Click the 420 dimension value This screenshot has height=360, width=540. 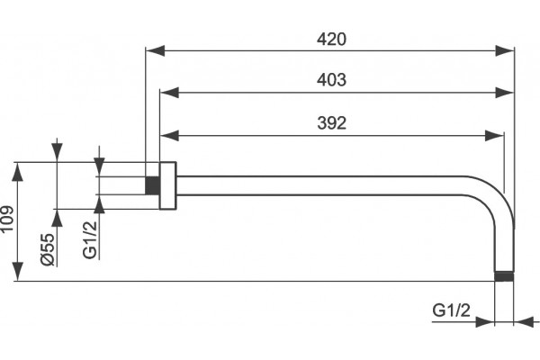tap(331, 40)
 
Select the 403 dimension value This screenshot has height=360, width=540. tap(331, 80)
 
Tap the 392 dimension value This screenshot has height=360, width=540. tap(331, 123)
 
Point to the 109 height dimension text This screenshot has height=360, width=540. tap(6, 219)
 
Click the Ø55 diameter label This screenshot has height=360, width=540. tap(48, 249)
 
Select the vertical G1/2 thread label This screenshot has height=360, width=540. tap(90, 239)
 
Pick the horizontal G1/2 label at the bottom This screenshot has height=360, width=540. tap(451, 310)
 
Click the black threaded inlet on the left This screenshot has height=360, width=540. tap(152, 185)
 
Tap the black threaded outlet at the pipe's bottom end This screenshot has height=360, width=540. tap(504, 276)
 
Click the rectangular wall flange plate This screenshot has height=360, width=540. tap(167, 185)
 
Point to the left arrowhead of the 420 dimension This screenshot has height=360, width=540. tap(155, 51)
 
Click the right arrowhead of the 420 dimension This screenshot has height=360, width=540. tap(505, 51)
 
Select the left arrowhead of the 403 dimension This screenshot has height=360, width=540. tap(169, 93)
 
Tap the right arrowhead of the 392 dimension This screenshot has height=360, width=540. tap(494, 136)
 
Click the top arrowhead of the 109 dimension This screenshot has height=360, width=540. tap(18, 172)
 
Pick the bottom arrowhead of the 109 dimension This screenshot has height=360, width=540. tap(18, 272)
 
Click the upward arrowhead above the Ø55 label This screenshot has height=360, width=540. tap(58, 218)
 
